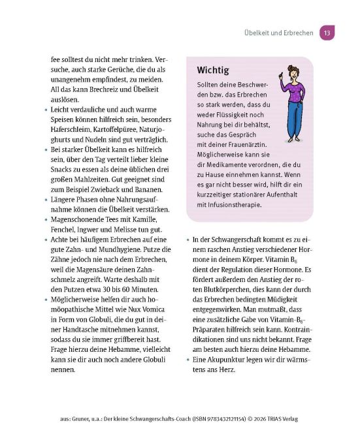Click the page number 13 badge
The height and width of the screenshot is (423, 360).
click(327, 33)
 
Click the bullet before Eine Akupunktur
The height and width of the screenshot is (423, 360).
click(188, 359)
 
